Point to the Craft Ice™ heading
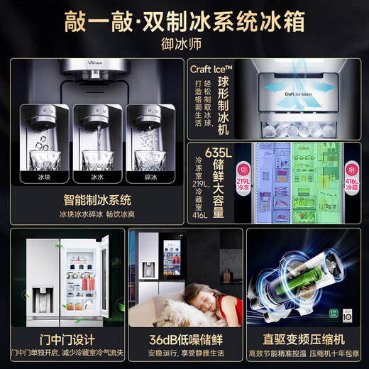[x=210, y=69]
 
